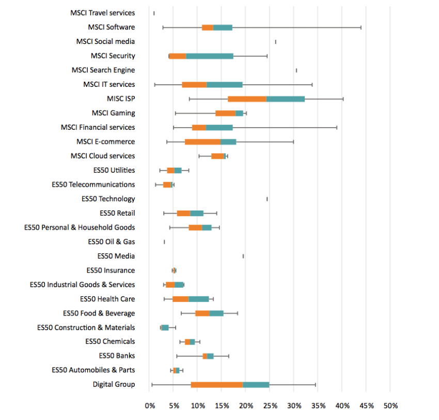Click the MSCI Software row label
[x=111, y=27]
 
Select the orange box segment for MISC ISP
[x=247, y=99]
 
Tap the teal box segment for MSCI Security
[x=209, y=56]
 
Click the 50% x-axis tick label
[x=390, y=405]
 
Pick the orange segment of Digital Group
[x=216, y=384]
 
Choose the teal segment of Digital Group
[x=256, y=384]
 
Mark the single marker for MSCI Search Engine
[x=296, y=70]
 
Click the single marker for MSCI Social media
[x=275, y=42]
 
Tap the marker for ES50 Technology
[x=267, y=199]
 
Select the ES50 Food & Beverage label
[x=99, y=313]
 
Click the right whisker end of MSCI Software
[x=361, y=27]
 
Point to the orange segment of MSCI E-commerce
[x=202, y=142]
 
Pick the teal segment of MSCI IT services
[x=224, y=84]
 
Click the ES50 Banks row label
[x=117, y=356]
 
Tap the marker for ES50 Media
[x=243, y=256]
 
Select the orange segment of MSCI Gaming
[x=225, y=113]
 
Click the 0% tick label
[x=150, y=405]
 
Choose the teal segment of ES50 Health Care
[x=198, y=298]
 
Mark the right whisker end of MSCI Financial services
[x=337, y=127]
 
